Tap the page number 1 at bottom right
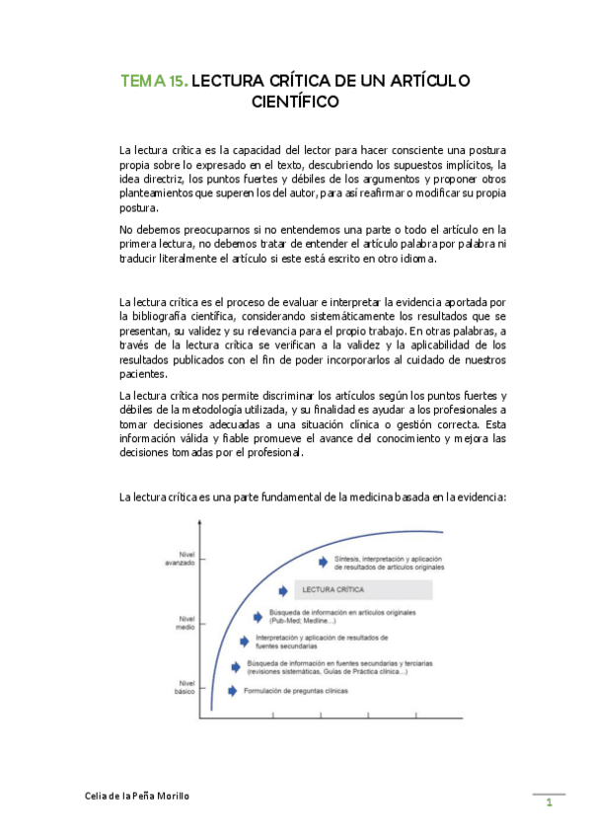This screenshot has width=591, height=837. click(x=549, y=805)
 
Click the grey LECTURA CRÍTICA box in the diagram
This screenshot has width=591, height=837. click(x=351, y=590)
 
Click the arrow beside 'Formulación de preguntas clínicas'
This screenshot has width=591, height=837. click(x=233, y=691)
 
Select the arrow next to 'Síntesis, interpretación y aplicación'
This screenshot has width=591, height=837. click(x=322, y=562)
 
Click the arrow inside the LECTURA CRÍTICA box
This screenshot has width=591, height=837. click(x=282, y=591)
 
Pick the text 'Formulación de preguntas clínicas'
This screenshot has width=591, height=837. click(x=296, y=691)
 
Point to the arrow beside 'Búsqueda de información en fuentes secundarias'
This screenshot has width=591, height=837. click(x=236, y=665)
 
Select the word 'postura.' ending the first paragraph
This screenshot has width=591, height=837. click(x=138, y=209)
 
